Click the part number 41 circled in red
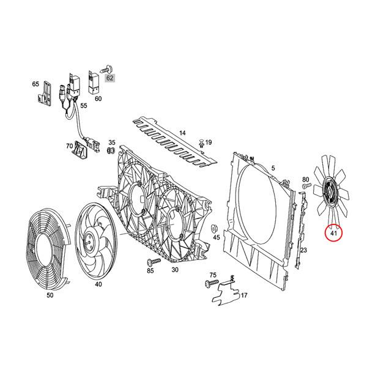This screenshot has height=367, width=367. [x=334, y=232]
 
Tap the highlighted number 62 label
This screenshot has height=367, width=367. [x=109, y=78]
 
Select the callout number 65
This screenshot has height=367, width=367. [x=35, y=84]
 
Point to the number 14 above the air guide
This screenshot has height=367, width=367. [x=182, y=132]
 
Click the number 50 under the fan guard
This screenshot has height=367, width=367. [x=50, y=295]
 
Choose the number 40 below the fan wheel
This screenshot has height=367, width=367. [x=98, y=284]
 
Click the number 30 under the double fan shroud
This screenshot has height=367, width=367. [x=175, y=269]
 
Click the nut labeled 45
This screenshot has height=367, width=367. [x=215, y=228]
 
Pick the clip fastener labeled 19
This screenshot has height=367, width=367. [x=200, y=143]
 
